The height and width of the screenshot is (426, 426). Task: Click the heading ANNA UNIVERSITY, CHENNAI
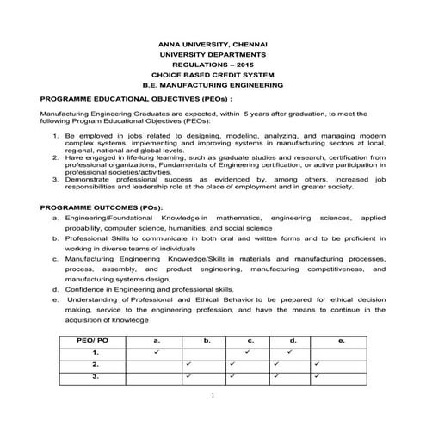(213, 43)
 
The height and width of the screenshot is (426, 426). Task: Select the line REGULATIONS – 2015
(213, 65)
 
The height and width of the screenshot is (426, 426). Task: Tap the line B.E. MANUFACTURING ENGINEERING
(213, 86)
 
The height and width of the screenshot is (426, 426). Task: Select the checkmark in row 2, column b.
(188, 364)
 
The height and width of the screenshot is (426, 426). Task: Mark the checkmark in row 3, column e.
(317, 376)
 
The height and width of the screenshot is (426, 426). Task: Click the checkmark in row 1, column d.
(289, 352)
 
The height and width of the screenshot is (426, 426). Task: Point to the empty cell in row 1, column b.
(207, 353)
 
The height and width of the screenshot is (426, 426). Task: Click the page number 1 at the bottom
(212, 394)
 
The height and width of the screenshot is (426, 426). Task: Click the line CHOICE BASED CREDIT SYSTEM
(213, 75)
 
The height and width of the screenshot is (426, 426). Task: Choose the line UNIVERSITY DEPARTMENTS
(213, 53)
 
